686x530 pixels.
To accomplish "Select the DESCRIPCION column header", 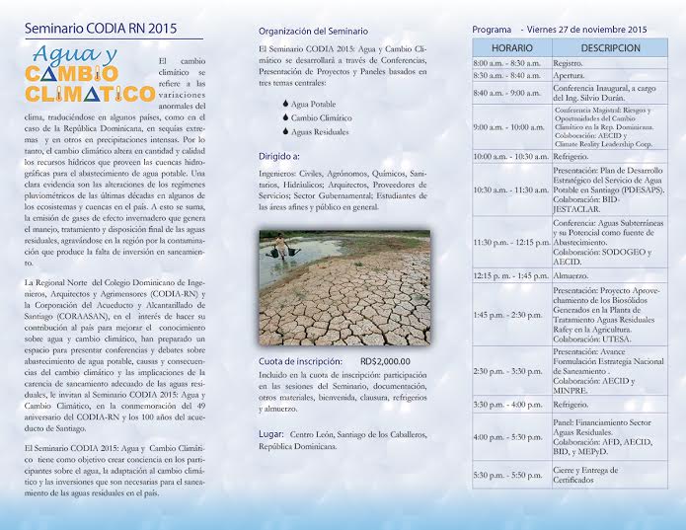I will click(610, 47).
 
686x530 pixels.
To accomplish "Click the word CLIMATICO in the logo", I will click(84, 96).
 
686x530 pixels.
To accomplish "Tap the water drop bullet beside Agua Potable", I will click(285, 103).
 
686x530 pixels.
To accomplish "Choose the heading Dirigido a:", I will click(280, 156).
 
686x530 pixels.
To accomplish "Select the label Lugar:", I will click(271, 433).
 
